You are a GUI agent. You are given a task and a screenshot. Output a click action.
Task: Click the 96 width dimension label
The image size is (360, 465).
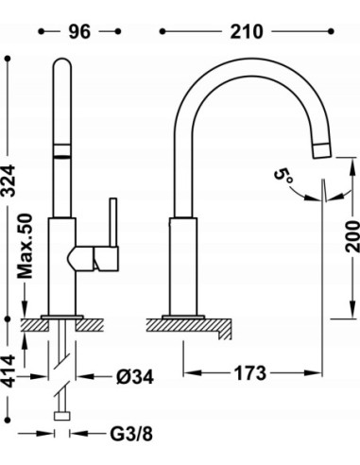pyautogui.click(x=79, y=31)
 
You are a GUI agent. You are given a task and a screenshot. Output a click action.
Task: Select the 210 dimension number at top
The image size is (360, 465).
pyautogui.click(x=246, y=31)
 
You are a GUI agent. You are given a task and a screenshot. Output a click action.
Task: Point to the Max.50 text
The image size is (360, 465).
pyautogui.click(x=26, y=246)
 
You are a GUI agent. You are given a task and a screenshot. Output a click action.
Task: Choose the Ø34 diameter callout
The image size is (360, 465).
pyautogui.click(x=135, y=376)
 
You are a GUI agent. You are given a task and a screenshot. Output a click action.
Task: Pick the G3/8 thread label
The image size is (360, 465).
pyautogui.click(x=131, y=434)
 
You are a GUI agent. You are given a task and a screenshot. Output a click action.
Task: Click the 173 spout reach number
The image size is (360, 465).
pyautogui.click(x=250, y=373)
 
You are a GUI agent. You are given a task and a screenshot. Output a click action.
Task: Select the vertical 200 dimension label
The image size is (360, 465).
pyautogui.click(x=352, y=236)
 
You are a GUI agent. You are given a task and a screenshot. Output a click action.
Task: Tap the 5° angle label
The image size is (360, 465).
pyautogui.click(x=283, y=176)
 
